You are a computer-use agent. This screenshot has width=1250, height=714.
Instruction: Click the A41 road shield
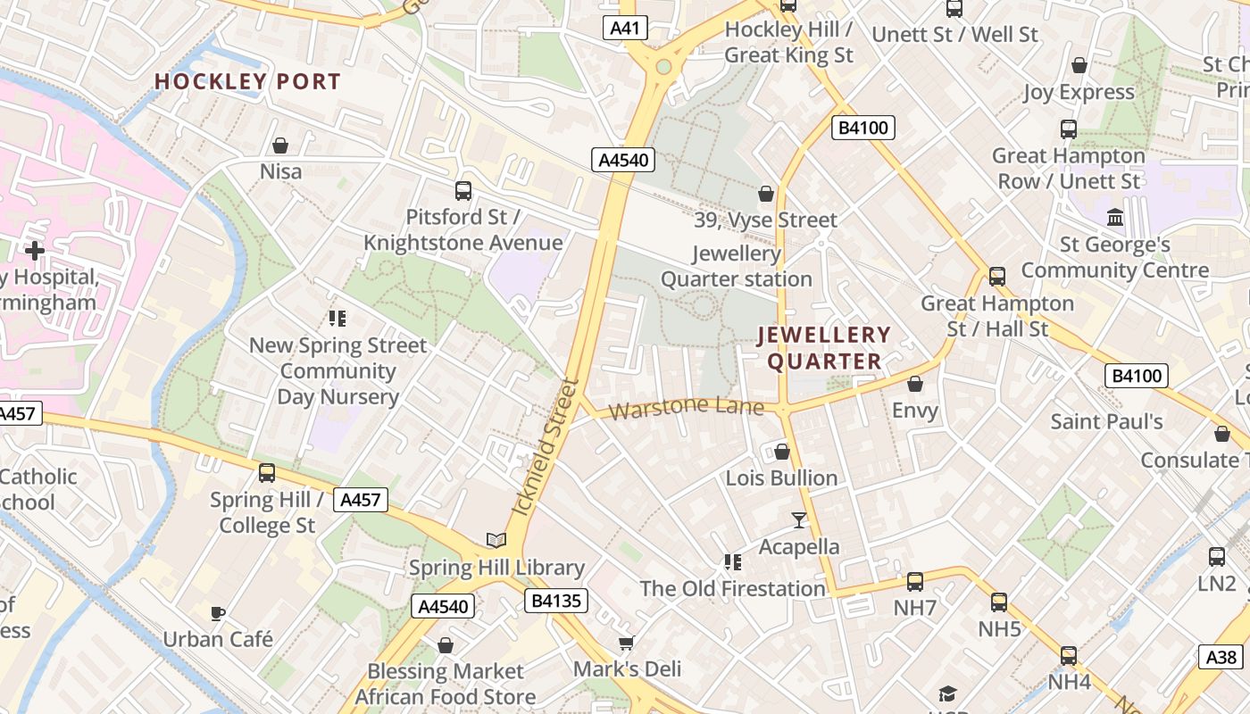coord(625,29)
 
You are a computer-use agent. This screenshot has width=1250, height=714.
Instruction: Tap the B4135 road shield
coord(555,601)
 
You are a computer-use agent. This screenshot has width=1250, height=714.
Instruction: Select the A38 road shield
coord(1221,658)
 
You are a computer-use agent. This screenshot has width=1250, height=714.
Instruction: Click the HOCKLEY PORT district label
coord(247,81)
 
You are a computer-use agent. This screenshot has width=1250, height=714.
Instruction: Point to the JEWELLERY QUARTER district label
coord(824,348)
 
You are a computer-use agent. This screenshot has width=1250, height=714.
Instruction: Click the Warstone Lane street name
coord(687,410)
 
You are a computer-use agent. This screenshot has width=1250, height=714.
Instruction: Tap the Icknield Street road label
coord(546,447)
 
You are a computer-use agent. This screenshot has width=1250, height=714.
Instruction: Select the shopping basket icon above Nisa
coord(280,145)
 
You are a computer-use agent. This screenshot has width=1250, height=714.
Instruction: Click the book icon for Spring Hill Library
coord(496,540)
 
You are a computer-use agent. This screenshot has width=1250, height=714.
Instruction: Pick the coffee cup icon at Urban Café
coord(217,612)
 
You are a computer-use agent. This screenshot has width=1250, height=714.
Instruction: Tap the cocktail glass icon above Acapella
coord(799,519)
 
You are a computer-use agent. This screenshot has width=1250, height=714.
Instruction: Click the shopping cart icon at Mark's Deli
coord(627,643)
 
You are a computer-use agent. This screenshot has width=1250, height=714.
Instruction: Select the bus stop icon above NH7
coord(915,582)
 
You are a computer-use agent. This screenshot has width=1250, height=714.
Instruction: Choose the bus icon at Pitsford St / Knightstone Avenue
coord(462,190)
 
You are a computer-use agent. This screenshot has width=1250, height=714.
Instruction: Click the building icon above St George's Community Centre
coord(1115,217)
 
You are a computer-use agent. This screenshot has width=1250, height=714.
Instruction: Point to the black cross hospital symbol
coord(35,251)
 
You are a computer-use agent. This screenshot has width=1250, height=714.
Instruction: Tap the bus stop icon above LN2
coord(1216,557)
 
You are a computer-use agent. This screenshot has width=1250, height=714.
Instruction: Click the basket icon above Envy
coord(915,384)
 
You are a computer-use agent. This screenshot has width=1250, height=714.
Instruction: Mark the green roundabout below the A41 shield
coord(662,67)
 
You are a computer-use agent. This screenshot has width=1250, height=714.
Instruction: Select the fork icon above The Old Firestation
coord(733,561)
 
